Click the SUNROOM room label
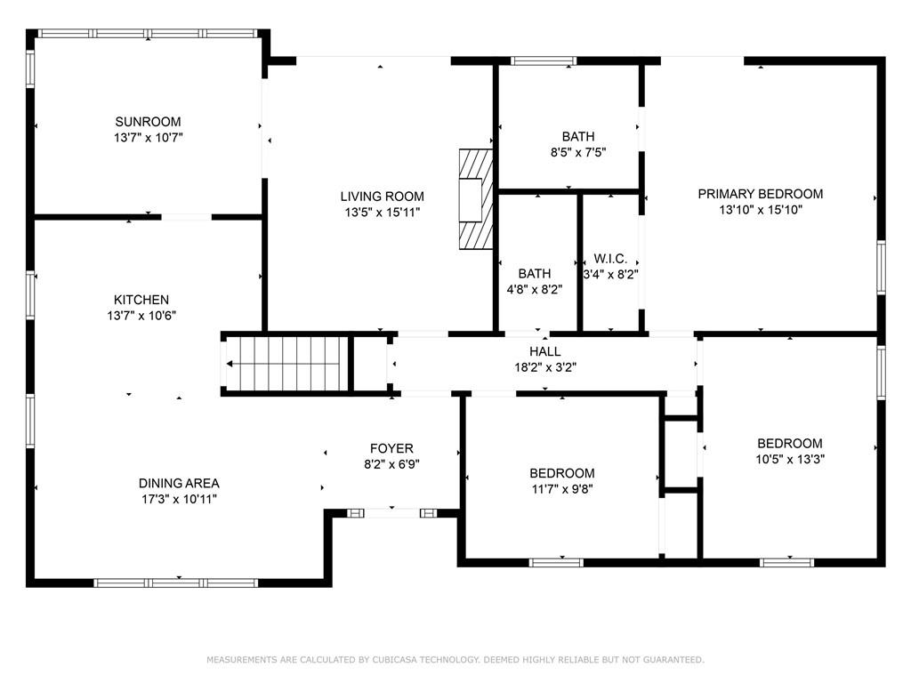tap(148, 122)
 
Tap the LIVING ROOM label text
tap(382, 197)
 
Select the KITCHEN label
tap(141, 300)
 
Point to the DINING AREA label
tap(178, 483)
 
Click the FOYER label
tap(391, 448)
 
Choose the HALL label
tap(544, 351)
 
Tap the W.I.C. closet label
tap(610, 259)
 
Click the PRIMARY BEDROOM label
tap(760, 194)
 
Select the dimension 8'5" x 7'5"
tap(577, 153)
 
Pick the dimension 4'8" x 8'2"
tap(535, 289)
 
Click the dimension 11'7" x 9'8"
tap(561, 489)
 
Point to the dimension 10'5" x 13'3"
tap(789, 460)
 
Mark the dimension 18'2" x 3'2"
tap(544, 367)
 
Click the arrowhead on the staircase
tap(231, 364)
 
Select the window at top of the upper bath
tap(544, 61)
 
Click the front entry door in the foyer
tap(391, 512)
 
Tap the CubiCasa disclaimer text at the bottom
tap(455, 660)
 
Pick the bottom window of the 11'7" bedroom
tap(556, 562)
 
